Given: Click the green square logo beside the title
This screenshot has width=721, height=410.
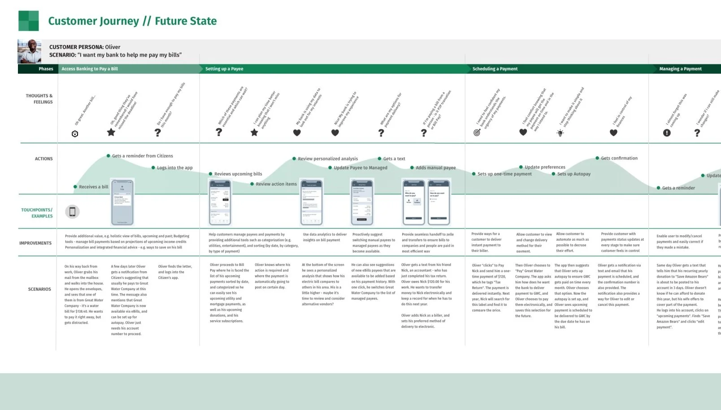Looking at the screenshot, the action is tap(28, 21).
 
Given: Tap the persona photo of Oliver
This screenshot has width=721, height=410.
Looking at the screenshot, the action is tap(29, 51).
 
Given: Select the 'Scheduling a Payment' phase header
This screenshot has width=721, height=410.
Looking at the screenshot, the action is tap(495, 69).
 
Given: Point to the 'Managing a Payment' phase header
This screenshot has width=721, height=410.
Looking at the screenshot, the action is tap(680, 69).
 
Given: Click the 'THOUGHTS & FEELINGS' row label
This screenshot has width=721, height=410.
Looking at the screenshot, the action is tap(39, 99).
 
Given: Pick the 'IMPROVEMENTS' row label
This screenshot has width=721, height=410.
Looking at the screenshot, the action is tap(35, 243).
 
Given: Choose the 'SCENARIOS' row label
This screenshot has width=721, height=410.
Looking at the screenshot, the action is tap(39, 289).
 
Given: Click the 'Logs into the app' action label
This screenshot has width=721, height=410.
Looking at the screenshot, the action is tap(174, 168).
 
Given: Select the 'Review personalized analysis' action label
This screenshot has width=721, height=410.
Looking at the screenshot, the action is tap(328, 159).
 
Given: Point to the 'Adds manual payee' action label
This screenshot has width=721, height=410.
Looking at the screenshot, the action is tap(435, 168).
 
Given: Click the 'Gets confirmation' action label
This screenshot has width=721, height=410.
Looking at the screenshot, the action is tap(619, 158).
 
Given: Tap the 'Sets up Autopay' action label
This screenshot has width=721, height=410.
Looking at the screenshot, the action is tap(573, 174).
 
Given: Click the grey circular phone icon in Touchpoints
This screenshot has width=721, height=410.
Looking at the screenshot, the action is tap(72, 212).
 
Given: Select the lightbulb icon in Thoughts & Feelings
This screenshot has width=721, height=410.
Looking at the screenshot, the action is tap(560, 132).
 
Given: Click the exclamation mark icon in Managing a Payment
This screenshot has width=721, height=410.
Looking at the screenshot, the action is tap(667, 133).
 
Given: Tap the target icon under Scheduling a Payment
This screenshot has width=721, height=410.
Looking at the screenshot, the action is tap(477, 132).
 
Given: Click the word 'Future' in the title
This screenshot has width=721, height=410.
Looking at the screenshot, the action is tap(170, 21).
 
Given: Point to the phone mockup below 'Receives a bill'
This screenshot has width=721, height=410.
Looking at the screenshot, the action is tap(122, 202).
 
